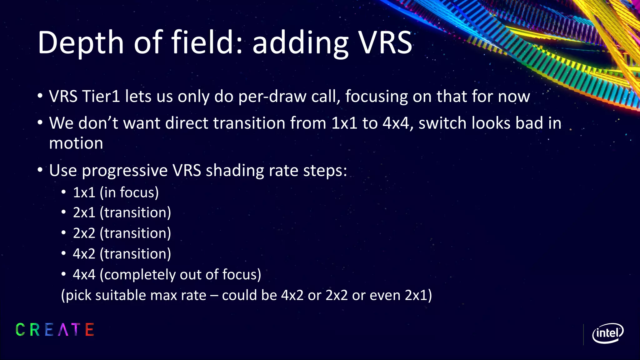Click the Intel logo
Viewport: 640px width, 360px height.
click(607, 333)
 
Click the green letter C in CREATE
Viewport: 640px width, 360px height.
click(20, 330)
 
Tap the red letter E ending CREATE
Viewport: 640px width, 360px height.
click(89, 330)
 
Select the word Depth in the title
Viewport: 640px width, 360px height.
click(81, 43)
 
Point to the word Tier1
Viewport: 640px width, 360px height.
click(101, 96)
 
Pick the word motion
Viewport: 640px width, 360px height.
click(76, 143)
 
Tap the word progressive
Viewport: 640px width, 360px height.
click(125, 171)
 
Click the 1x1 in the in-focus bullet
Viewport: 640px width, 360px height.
click(84, 192)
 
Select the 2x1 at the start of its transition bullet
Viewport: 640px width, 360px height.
click(84, 213)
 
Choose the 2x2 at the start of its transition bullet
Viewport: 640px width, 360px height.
click(84, 233)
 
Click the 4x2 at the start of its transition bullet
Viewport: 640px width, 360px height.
click(84, 254)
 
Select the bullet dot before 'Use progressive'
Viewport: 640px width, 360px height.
click(40, 170)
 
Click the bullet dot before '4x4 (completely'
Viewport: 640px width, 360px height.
click(64, 274)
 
